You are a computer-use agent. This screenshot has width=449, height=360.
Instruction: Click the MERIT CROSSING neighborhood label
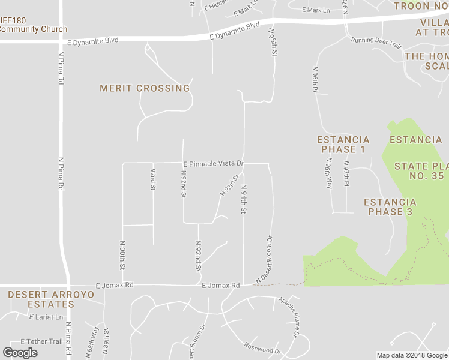coord(145,88)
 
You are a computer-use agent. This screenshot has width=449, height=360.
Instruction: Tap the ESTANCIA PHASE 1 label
coord(343,145)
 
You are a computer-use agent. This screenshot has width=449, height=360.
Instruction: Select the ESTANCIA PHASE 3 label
coord(390,207)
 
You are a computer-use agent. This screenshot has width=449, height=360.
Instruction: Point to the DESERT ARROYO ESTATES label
coord(41,299)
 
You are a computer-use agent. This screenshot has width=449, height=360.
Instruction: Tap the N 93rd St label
coord(229,185)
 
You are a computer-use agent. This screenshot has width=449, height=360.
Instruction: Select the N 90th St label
coord(122,255)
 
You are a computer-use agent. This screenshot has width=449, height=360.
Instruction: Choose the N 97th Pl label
coord(346,173)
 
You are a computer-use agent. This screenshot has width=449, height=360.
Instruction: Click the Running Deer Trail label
coord(376,43)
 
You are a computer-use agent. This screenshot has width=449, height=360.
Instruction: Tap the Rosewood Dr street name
coord(262,347)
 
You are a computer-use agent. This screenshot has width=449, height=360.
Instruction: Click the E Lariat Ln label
coord(43,317)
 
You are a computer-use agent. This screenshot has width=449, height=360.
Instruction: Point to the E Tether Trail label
coord(41,341)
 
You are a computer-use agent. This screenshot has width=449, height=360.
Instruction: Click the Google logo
coord(20,353)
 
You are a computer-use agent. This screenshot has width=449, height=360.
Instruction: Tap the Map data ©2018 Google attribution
coord(412,355)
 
